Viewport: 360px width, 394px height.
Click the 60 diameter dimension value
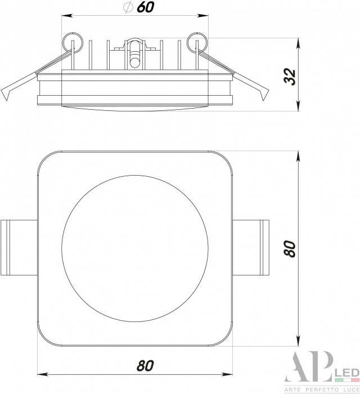coord(145,7)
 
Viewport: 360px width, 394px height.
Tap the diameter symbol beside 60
coord(128,7)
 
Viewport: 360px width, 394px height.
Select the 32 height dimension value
coord(290,77)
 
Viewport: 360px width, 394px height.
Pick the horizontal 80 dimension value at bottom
coord(145,366)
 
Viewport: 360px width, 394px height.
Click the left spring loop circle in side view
coord(73,42)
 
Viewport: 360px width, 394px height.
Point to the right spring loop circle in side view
coord(197,42)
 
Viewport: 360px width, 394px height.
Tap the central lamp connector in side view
coord(135,53)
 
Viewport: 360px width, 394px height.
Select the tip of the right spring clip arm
coord(264,100)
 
